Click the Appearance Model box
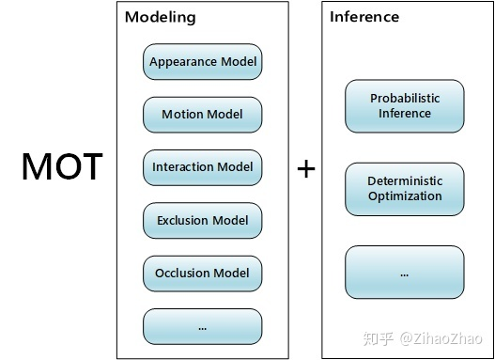tap(202, 62)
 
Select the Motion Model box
tap(202, 115)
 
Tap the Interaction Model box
tap(202, 167)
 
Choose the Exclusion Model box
tap(202, 221)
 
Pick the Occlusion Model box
tap(202, 274)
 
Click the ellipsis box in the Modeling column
tap(202, 326)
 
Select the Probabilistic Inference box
tap(405, 106)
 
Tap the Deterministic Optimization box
tap(405, 189)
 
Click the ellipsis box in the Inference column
tap(405, 272)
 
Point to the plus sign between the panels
tap(305, 169)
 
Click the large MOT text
tap(62, 167)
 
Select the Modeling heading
tap(161, 17)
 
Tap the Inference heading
tap(364, 17)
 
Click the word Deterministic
tap(405, 181)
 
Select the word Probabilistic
tap(405, 99)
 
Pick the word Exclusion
tap(182, 221)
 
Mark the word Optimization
tap(405, 196)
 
